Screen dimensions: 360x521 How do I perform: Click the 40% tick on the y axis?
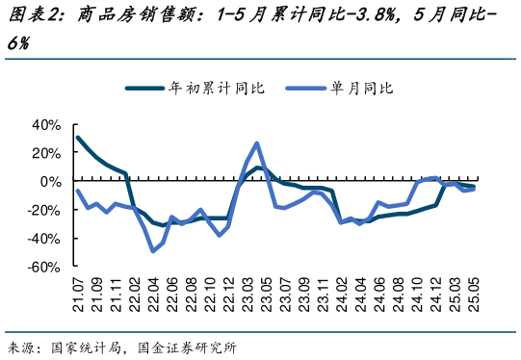(x=46, y=124)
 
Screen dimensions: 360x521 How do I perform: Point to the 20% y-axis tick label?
(x=46, y=152)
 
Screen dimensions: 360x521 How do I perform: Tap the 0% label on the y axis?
(x=51, y=181)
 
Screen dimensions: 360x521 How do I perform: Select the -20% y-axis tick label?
(x=44, y=210)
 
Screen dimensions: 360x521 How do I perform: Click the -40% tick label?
(x=44, y=239)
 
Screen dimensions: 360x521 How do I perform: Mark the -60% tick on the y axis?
(x=44, y=268)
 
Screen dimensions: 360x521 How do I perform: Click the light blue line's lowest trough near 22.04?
(x=153, y=250)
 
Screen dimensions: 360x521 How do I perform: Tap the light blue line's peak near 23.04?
(x=257, y=143)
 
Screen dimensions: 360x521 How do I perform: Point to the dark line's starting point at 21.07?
(x=78, y=138)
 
